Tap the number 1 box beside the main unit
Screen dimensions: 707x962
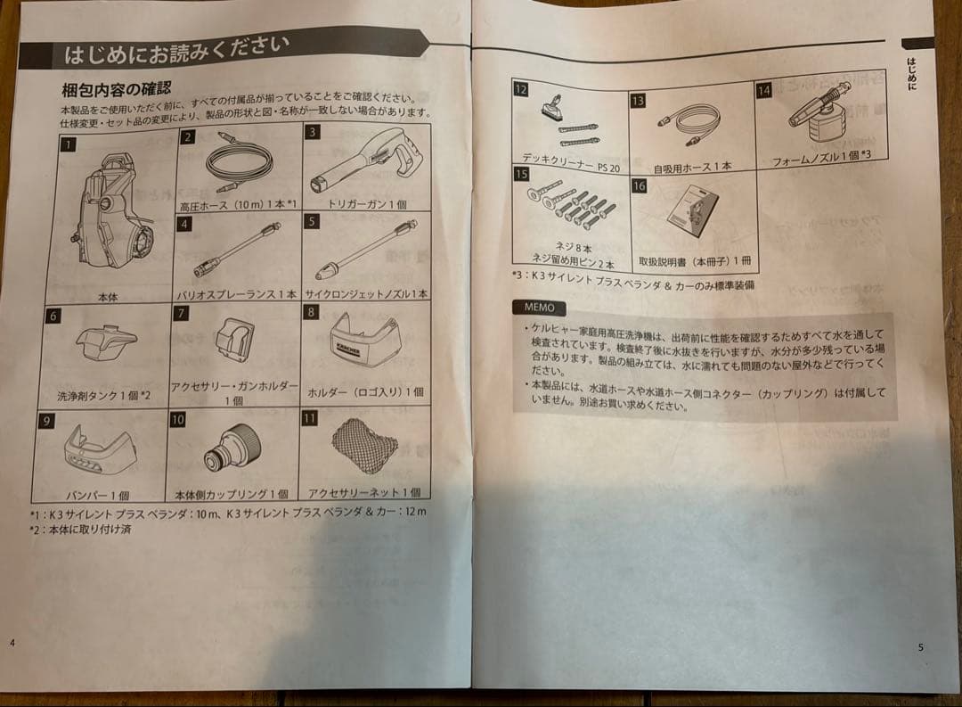click(x=67, y=143)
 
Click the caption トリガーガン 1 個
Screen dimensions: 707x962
click(x=367, y=204)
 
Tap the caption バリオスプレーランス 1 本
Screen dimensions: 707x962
click(x=237, y=294)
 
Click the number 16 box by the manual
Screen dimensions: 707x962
click(x=639, y=185)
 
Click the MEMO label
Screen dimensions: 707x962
click(x=538, y=308)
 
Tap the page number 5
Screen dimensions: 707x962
click(x=920, y=647)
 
